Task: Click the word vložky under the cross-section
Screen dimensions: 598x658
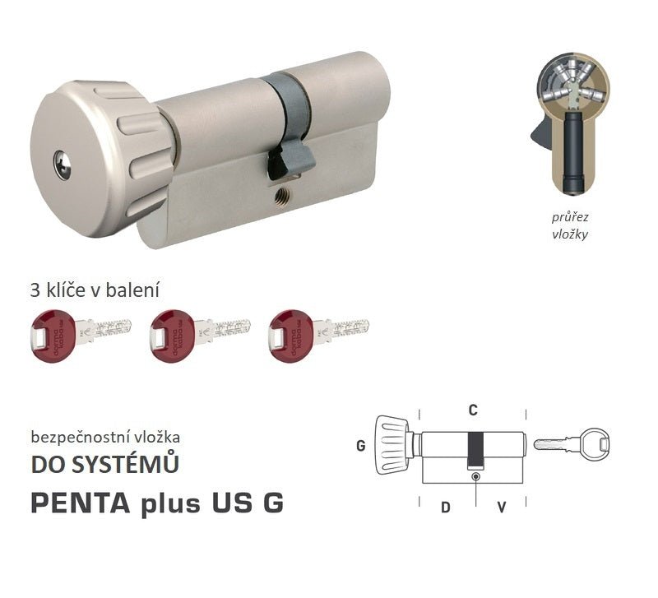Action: (x=570, y=234)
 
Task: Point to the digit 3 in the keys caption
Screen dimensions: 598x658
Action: (x=34, y=290)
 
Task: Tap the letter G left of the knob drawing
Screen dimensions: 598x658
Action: (x=360, y=446)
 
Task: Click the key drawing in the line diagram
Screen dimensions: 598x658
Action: (x=572, y=444)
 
